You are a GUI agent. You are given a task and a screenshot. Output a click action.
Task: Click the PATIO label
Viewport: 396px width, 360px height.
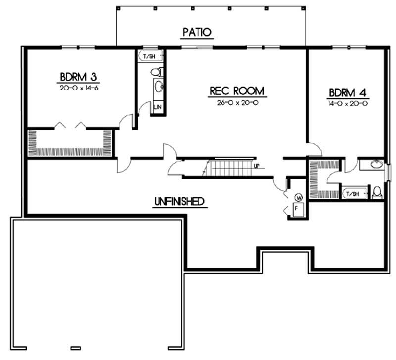coord(197,32)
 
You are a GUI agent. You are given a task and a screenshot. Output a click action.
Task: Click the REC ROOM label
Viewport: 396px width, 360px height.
coord(238,91)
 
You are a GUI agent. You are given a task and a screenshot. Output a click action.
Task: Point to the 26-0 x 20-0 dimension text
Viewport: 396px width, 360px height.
coord(238,103)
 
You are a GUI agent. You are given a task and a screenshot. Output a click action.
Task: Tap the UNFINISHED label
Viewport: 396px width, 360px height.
coord(179,201)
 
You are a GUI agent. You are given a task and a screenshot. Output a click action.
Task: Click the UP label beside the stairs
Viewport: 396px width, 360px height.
coord(257,166)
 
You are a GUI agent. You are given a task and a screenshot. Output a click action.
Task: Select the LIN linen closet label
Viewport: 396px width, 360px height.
coord(158,107)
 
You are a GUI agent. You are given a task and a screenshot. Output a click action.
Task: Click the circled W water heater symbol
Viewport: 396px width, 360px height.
coord(298,197)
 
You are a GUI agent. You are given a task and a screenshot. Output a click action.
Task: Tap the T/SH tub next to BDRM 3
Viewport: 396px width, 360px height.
coord(149,56)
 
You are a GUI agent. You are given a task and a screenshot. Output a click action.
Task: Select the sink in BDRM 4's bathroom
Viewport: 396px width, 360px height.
coord(376,165)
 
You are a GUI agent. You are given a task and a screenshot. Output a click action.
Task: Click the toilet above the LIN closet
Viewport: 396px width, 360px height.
coord(157,71)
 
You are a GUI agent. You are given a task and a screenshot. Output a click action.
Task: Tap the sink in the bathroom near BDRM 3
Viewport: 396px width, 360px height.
coord(158,88)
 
